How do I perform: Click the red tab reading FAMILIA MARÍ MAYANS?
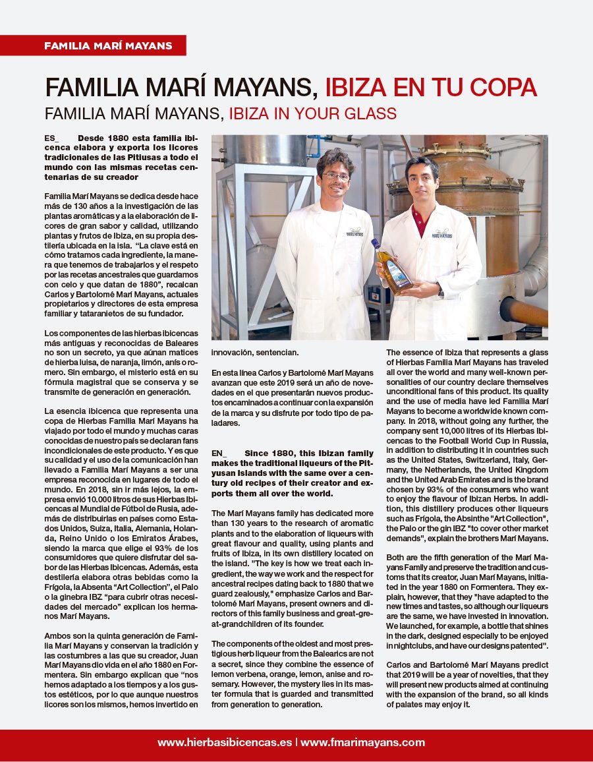pos(108,45)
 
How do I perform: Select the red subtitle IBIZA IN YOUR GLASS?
pos(312,113)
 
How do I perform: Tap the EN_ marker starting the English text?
pos(219,454)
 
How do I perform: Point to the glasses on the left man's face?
pos(335,177)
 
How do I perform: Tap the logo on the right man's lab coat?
pos(441,233)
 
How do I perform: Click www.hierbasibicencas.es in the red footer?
pos(225,742)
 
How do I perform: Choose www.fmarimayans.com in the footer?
pos(362,742)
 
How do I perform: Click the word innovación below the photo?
pos(236,353)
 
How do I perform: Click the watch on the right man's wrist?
pos(439,290)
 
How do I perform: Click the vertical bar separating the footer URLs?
pos(296,742)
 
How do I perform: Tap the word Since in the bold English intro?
pos(256,454)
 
